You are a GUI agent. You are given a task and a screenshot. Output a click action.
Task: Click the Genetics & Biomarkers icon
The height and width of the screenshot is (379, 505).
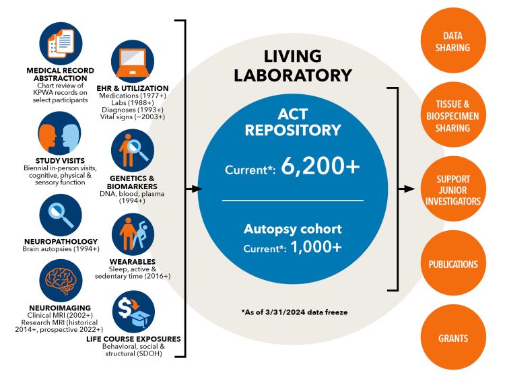tap(132, 150)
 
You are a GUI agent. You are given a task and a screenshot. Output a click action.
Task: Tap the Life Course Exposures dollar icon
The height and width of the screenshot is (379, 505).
tap(132, 310)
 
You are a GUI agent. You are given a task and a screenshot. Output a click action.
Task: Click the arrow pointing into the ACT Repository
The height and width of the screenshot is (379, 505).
tap(194, 189)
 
